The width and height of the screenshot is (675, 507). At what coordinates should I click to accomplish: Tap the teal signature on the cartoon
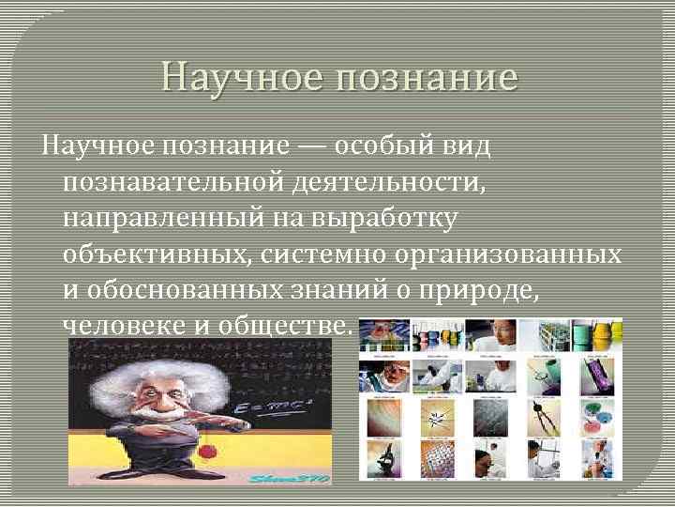pyautogui.click(x=289, y=478)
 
